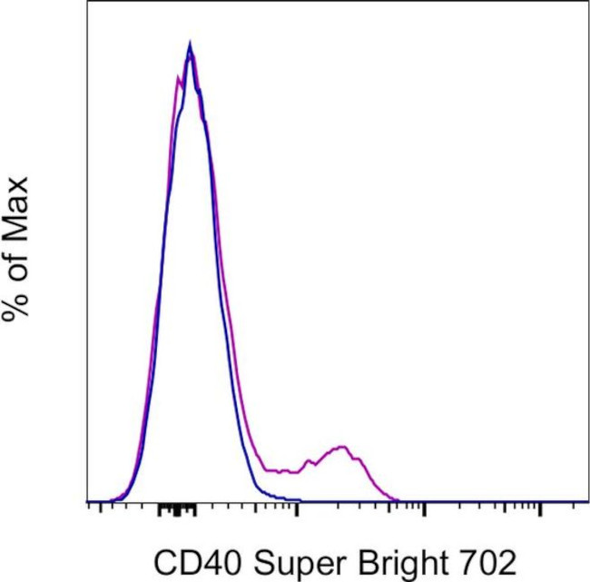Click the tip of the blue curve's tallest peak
click(190, 42)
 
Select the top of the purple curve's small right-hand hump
click(341, 447)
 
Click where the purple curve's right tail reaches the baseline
click(399, 500)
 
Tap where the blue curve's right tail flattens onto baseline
click(300, 499)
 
